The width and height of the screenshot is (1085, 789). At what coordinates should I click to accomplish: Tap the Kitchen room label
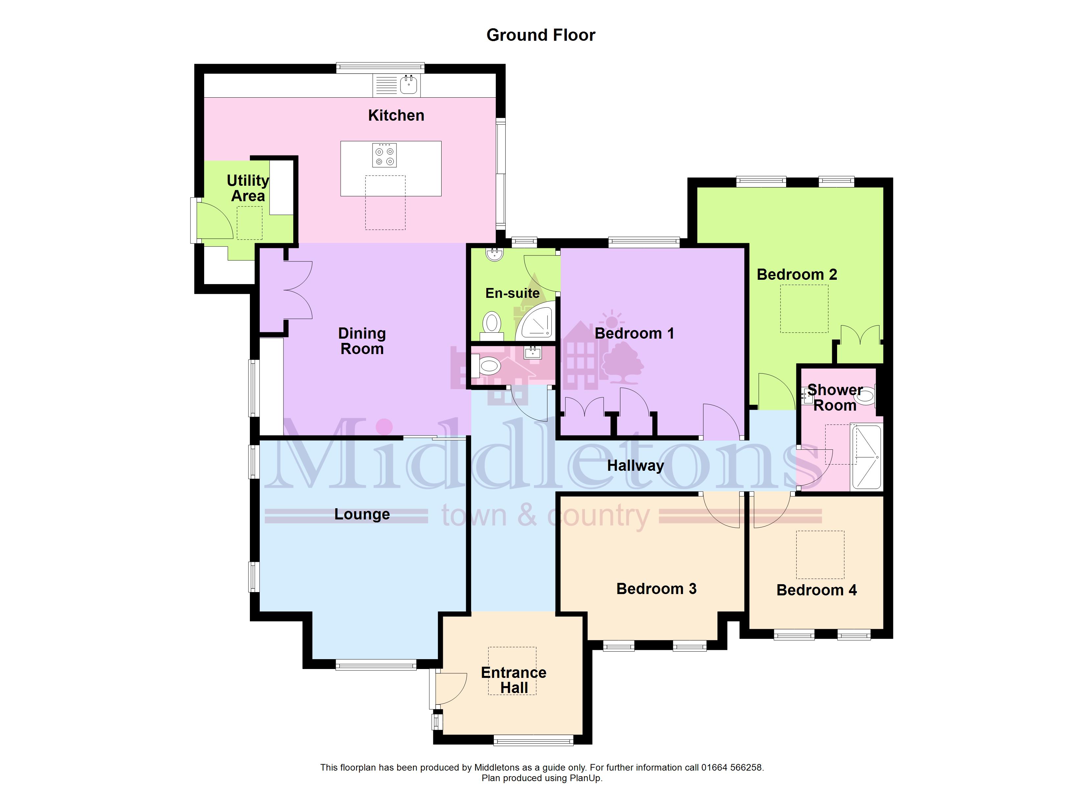pos(396,115)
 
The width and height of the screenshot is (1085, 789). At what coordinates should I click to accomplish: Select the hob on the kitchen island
pos(385,155)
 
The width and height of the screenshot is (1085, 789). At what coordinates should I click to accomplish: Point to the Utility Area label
pos(248,188)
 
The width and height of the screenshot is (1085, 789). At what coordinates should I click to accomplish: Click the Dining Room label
pos(362,341)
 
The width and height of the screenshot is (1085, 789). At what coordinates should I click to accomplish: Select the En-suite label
pos(512,293)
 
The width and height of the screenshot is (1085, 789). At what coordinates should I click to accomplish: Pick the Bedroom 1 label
pos(634,333)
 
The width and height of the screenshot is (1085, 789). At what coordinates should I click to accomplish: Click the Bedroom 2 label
pos(797,275)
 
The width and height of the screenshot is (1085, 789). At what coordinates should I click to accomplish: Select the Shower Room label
pos(835,397)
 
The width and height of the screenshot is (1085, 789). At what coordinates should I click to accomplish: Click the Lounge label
pos(362,514)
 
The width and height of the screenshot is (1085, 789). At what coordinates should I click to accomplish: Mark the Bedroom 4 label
pos(817,590)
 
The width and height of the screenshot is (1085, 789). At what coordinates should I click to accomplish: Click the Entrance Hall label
pos(514,680)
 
